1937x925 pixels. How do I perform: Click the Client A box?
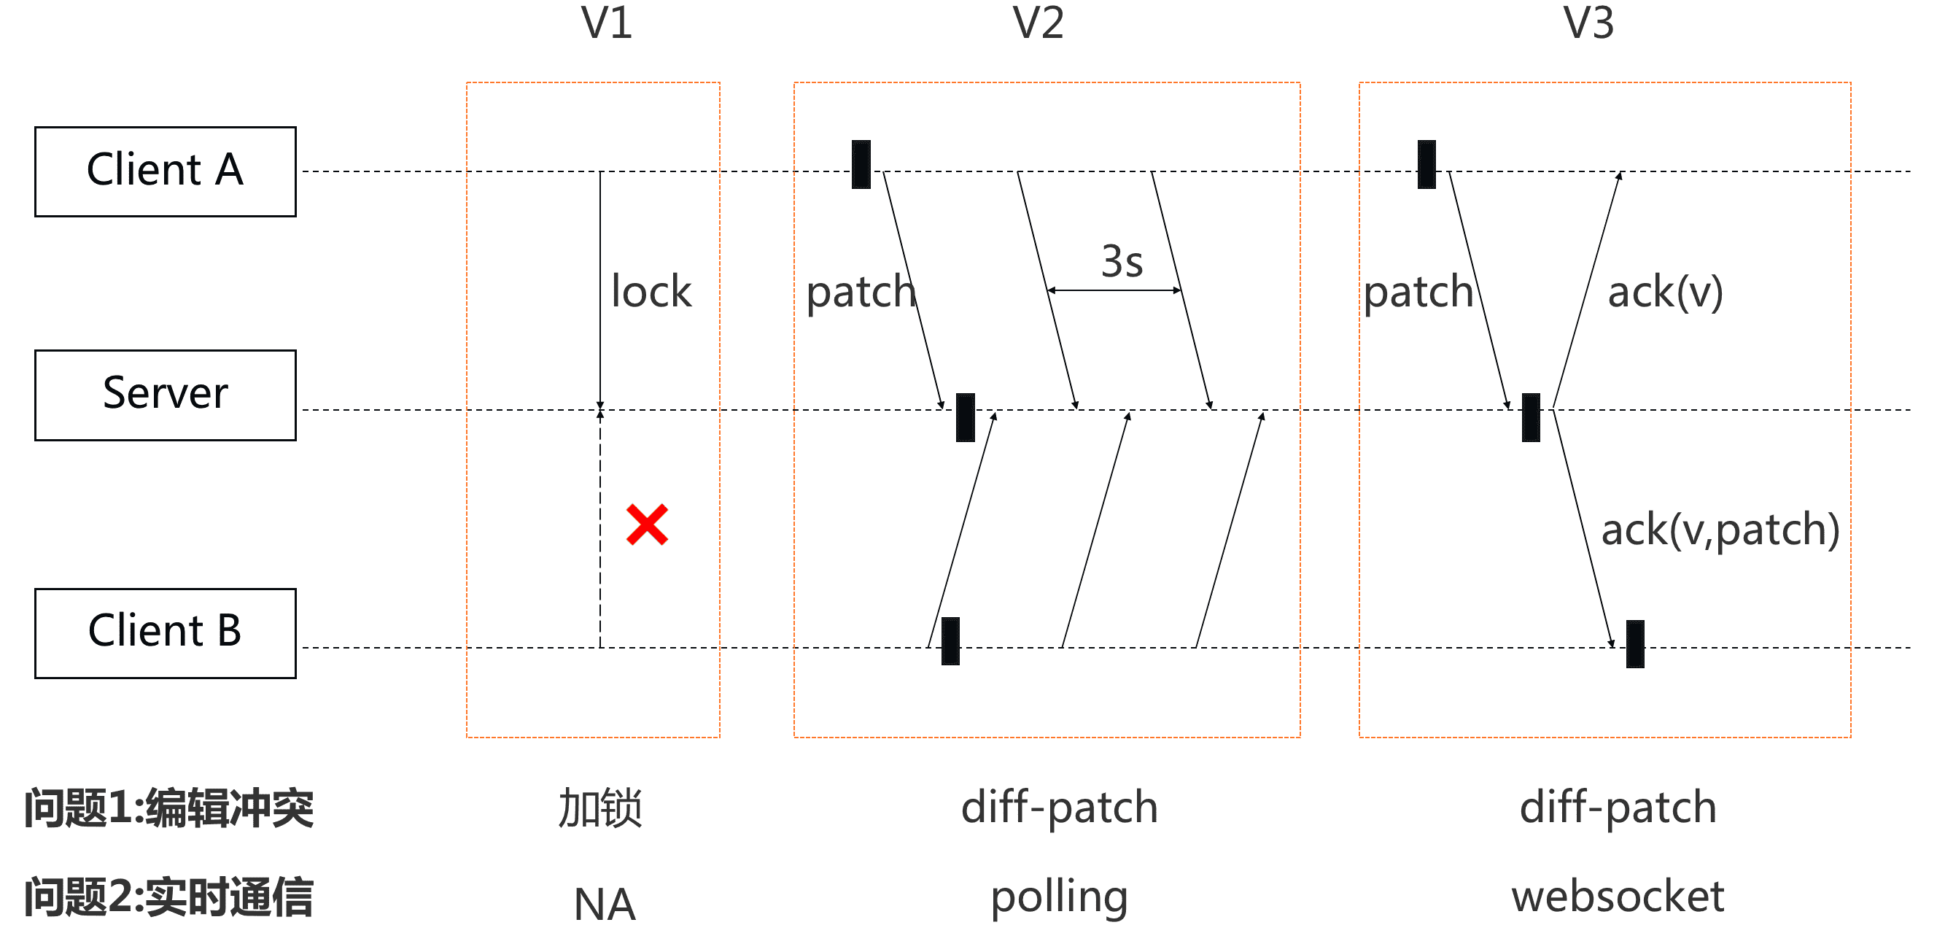point(166,171)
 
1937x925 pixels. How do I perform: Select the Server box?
point(166,395)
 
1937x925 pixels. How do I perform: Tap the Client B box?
point(166,632)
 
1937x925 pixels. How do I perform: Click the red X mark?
point(647,525)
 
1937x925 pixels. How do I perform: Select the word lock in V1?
point(651,291)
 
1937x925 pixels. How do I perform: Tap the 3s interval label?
point(1121,261)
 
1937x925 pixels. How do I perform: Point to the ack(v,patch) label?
point(1720,530)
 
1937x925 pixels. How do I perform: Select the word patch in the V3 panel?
point(1418,293)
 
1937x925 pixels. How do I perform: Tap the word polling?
point(1059,897)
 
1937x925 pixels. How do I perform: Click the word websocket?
point(1618,897)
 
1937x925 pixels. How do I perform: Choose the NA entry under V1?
point(605,903)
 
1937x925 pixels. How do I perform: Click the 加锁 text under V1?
point(600,808)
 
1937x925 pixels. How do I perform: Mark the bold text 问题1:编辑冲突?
point(168,808)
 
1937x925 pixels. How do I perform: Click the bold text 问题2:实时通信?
point(168,897)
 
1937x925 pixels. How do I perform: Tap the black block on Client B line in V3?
point(1635,643)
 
